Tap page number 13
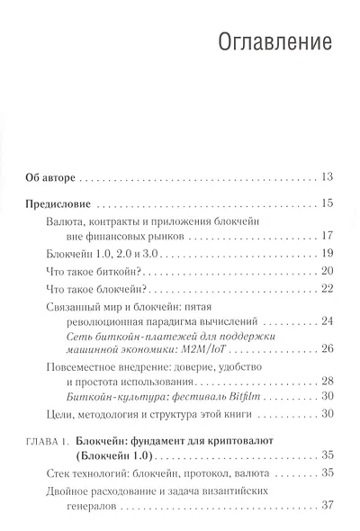(327, 176)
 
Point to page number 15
(327, 204)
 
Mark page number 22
(327, 288)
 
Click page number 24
(327, 321)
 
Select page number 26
(327, 350)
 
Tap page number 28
(327, 382)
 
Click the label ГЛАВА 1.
(47, 441)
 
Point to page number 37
(327, 505)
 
